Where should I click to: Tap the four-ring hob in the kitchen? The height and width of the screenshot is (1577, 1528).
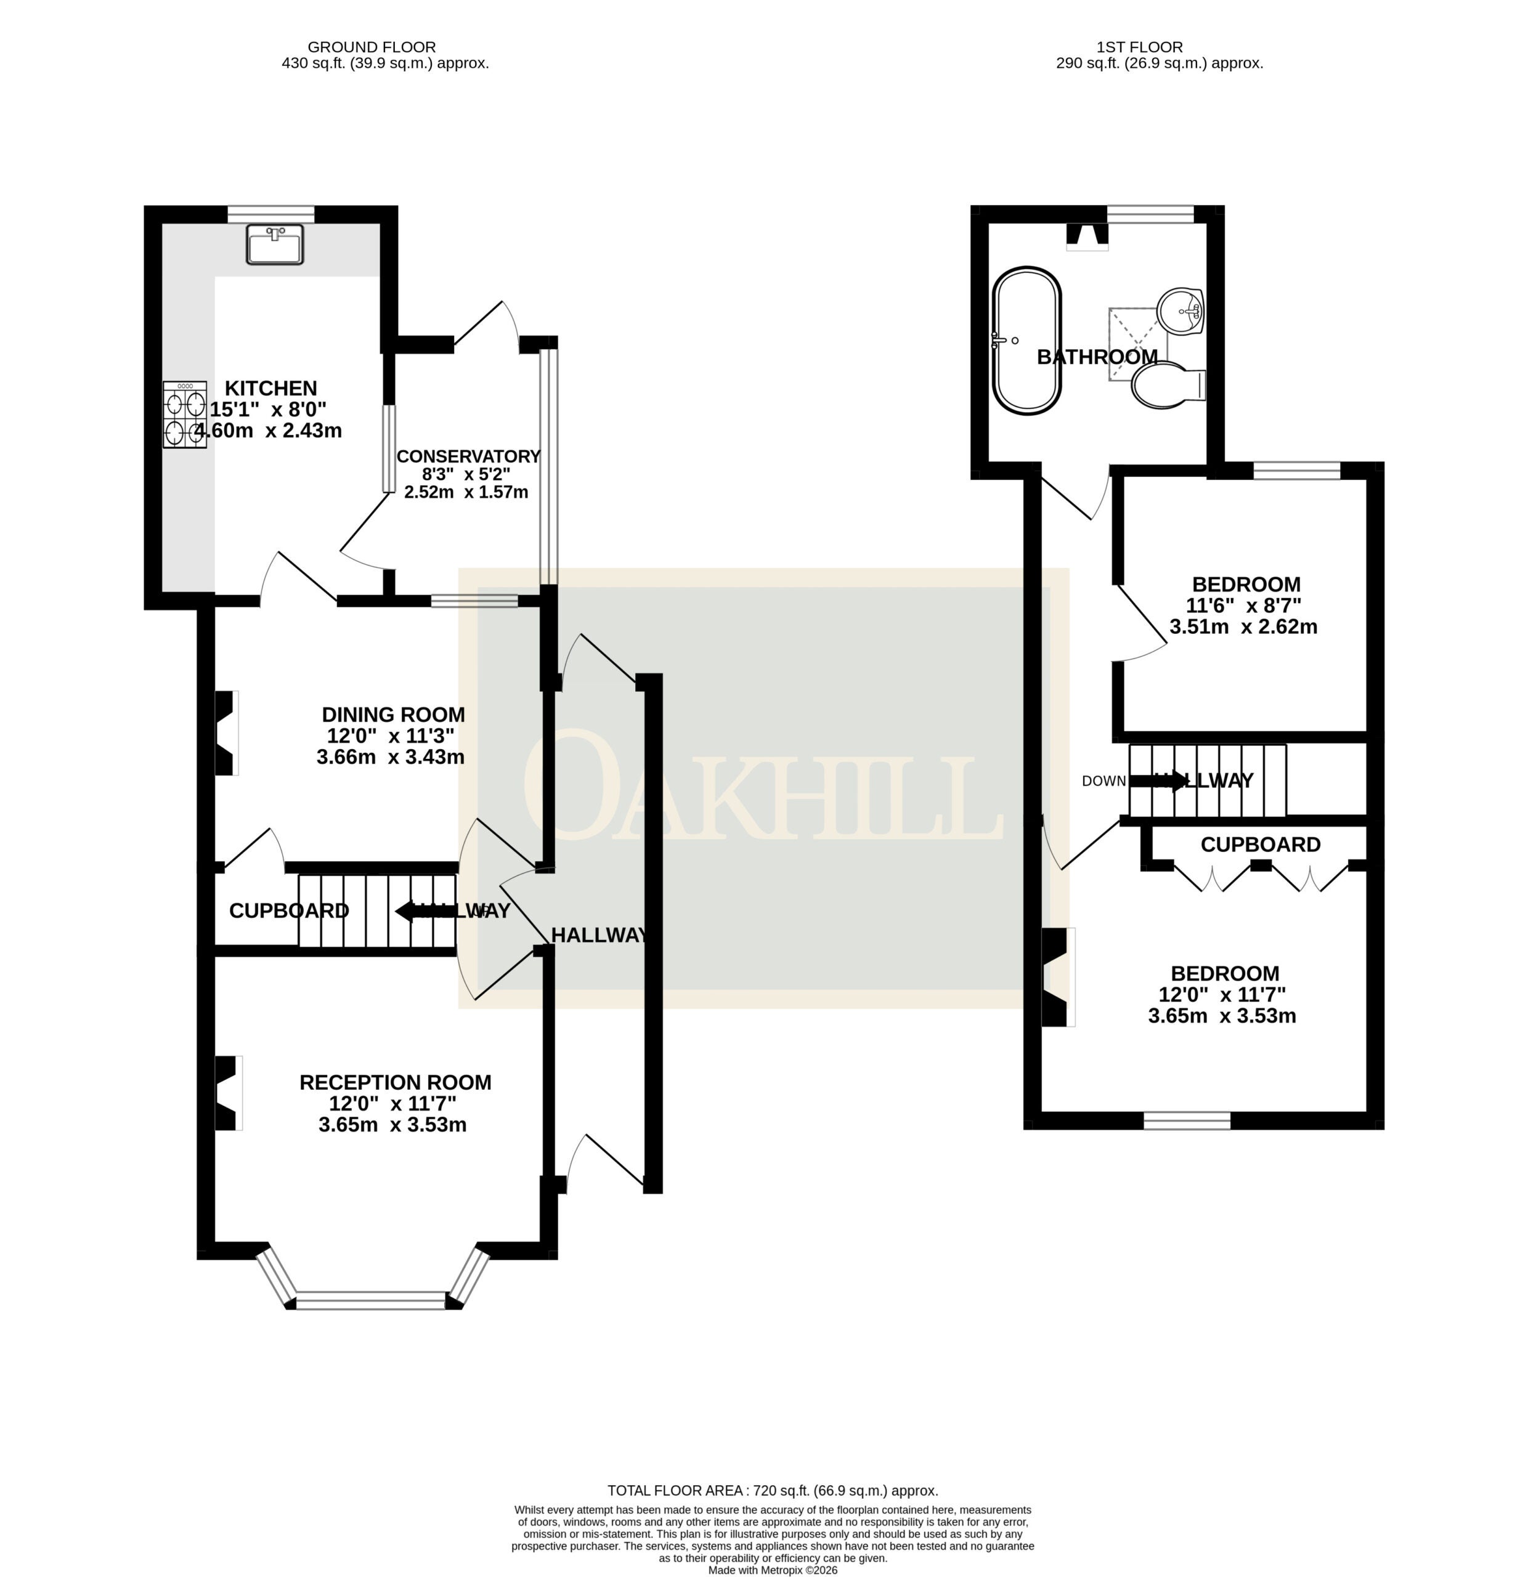[184, 415]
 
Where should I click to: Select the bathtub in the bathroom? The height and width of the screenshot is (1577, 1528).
[1026, 341]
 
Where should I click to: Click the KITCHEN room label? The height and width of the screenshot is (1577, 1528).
[270, 388]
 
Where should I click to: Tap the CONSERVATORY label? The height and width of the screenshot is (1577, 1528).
[468, 456]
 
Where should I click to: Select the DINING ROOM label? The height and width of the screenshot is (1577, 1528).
[394, 715]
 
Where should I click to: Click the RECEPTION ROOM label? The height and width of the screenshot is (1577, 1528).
[395, 1082]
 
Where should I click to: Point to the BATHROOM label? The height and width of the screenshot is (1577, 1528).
[1097, 357]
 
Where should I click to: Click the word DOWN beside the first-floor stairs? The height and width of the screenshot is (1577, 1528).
[1104, 781]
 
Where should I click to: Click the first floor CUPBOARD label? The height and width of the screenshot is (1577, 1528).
[1261, 844]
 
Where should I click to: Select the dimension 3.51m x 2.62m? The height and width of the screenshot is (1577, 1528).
[1243, 626]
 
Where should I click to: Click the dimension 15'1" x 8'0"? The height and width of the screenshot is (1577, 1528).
[269, 409]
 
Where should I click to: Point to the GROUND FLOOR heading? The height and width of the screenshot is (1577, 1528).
[372, 47]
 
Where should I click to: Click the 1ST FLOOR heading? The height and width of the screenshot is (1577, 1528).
[1139, 47]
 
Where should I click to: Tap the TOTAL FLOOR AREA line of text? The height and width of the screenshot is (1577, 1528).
[773, 1491]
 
